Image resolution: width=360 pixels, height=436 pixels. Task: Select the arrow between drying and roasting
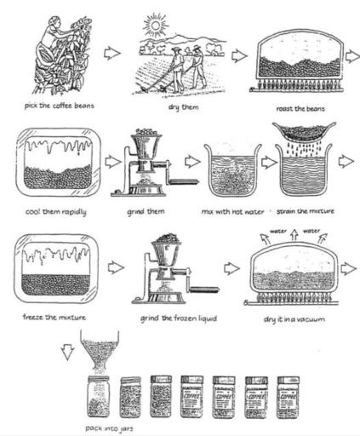(238, 57)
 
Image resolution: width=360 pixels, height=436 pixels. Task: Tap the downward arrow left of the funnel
(67, 351)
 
